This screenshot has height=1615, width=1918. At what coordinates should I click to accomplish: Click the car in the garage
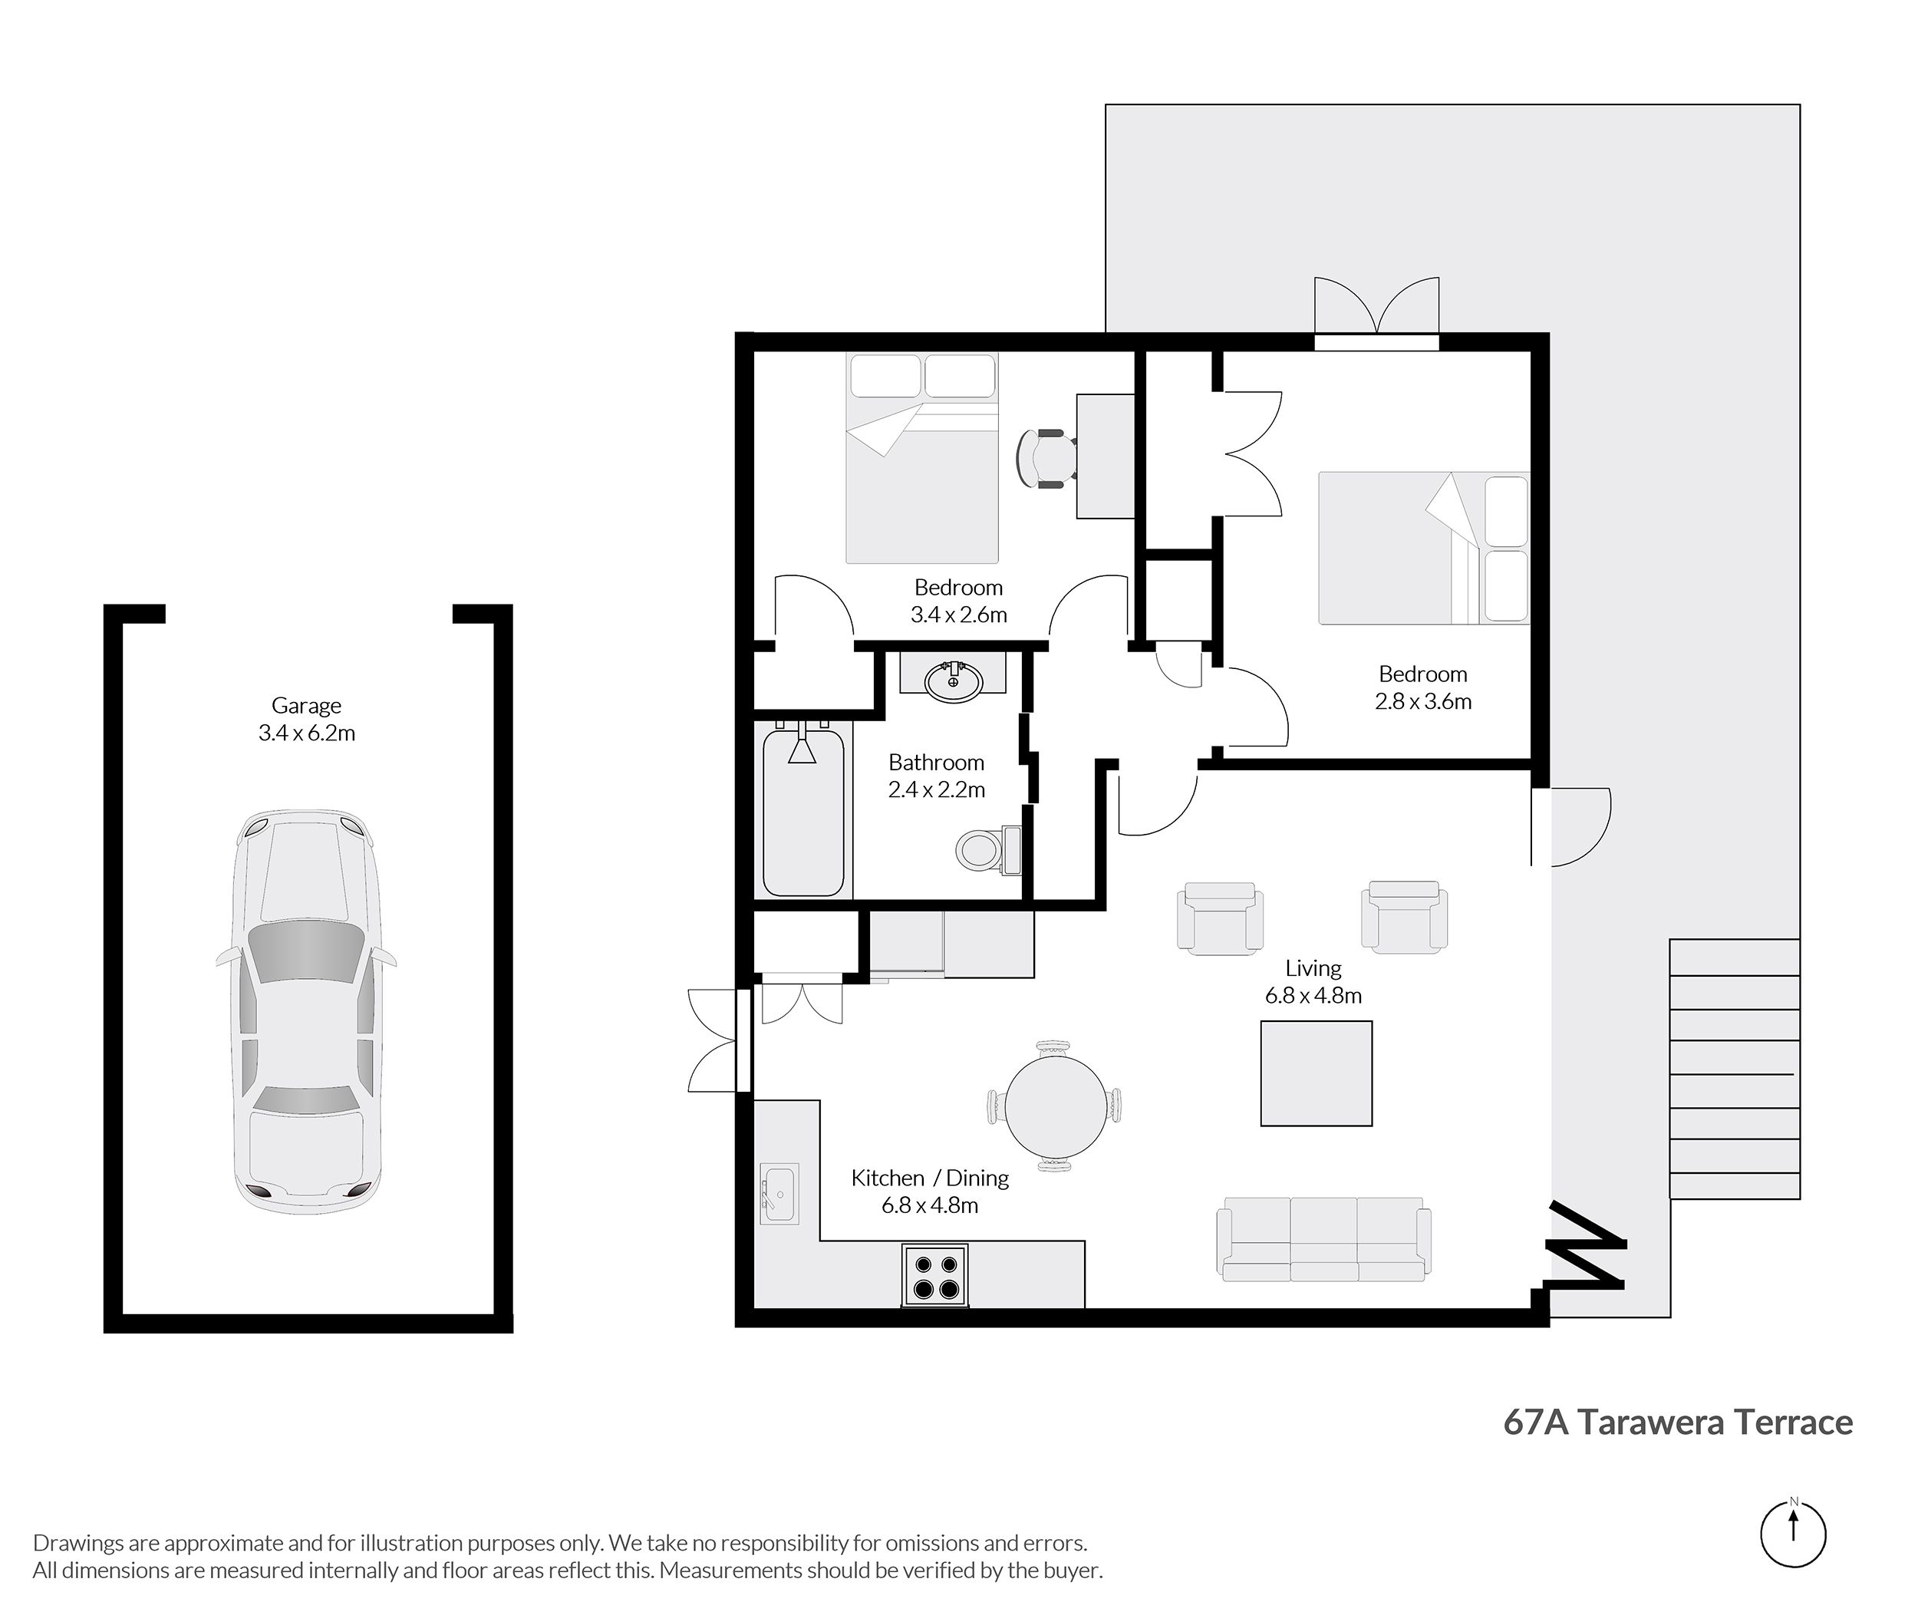[306, 1012]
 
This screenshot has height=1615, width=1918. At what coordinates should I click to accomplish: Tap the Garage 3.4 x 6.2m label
[307, 719]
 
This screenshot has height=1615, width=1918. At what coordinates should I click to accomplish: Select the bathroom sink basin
[953, 681]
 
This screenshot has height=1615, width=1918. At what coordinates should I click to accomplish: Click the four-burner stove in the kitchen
[934, 1274]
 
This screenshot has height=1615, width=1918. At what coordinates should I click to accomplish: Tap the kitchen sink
[779, 1193]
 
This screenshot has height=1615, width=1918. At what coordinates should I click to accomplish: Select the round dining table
[1056, 1106]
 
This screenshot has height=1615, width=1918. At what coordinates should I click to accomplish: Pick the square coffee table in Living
[1317, 1074]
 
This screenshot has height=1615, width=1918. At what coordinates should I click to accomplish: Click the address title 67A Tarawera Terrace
[1678, 1422]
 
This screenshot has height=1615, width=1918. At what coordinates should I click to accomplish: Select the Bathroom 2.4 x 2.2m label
[937, 776]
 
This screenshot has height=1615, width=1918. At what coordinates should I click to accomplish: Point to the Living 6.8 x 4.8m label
[1313, 981]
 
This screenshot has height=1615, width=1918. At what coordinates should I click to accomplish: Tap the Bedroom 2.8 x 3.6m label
[1424, 687]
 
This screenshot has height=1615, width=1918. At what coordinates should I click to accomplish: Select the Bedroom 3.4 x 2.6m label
[958, 601]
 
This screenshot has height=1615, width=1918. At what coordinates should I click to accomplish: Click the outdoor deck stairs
[1735, 1069]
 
